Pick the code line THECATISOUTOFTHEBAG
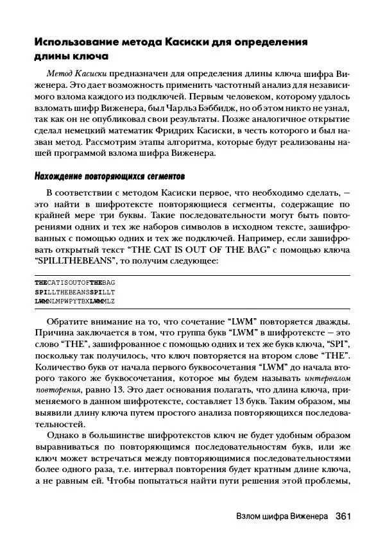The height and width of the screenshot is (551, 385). (75, 282)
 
